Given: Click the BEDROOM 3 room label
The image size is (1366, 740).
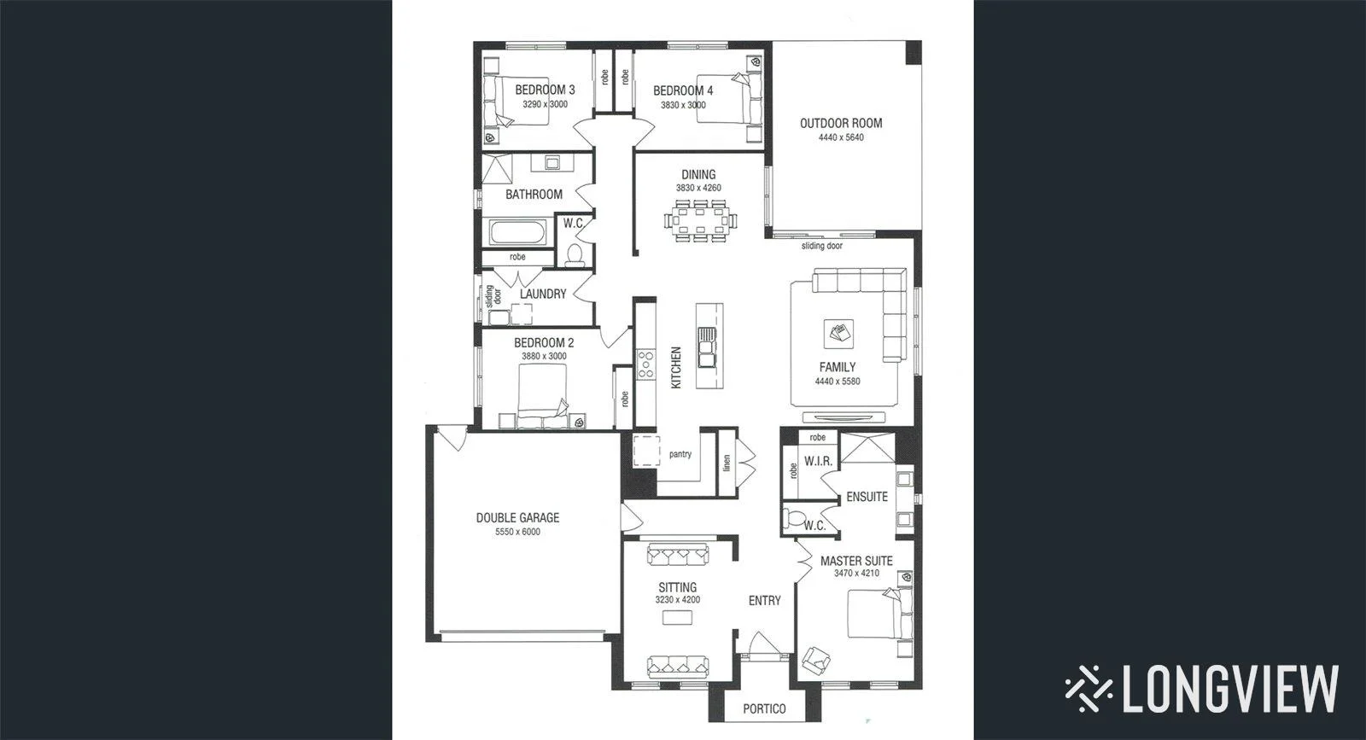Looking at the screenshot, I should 545,90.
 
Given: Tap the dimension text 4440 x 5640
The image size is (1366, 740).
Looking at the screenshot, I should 840,137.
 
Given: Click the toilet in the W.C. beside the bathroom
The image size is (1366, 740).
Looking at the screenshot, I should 575,253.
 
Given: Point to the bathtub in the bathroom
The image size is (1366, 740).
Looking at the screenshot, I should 517,231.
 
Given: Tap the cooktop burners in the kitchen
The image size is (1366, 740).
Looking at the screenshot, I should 645,364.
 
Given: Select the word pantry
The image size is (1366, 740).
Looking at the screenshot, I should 680,454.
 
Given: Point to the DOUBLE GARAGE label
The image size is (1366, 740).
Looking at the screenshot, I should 517,517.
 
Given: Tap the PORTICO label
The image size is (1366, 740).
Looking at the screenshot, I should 764,708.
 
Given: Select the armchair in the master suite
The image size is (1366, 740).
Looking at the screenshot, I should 816,658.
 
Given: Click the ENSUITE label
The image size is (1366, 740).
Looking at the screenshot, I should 867,497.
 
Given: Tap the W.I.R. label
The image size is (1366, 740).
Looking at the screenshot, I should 818,461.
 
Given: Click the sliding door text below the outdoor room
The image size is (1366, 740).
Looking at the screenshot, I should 821,246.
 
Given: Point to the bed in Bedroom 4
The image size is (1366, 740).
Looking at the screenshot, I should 727,100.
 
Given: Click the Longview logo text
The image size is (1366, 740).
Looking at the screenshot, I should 1229,688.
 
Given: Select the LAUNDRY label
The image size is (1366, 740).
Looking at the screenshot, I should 543,294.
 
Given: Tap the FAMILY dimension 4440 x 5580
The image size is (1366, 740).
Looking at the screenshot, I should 838,382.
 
